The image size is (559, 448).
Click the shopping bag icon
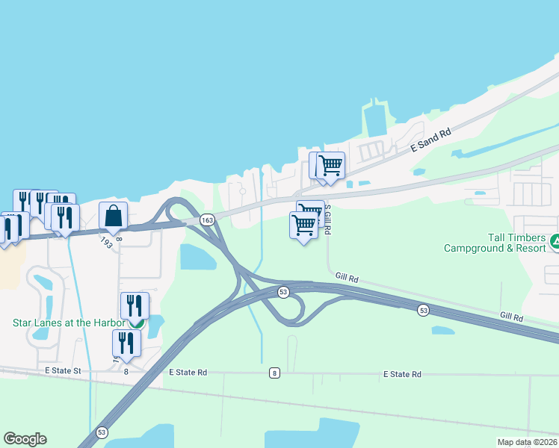pyautogui.click(x=113, y=216)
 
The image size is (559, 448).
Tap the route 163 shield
pyautogui.click(x=208, y=220)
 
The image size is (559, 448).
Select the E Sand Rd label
pyautogui.click(x=431, y=140)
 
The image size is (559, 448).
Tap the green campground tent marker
pyautogui.click(x=555, y=241)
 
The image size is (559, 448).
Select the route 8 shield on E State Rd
pyautogui.click(x=275, y=372)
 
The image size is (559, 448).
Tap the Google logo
pyautogui.click(x=25, y=439)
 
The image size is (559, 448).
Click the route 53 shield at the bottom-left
pyautogui.click(x=102, y=432)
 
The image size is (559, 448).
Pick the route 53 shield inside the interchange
pyautogui.click(x=282, y=291)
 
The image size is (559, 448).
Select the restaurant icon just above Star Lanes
pyautogui.click(x=135, y=305)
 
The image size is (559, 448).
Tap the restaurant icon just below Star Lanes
pyautogui.click(x=126, y=343)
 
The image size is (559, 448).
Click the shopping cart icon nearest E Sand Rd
pyautogui.click(x=330, y=164)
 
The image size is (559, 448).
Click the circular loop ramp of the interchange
pyautogui.click(x=289, y=308)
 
